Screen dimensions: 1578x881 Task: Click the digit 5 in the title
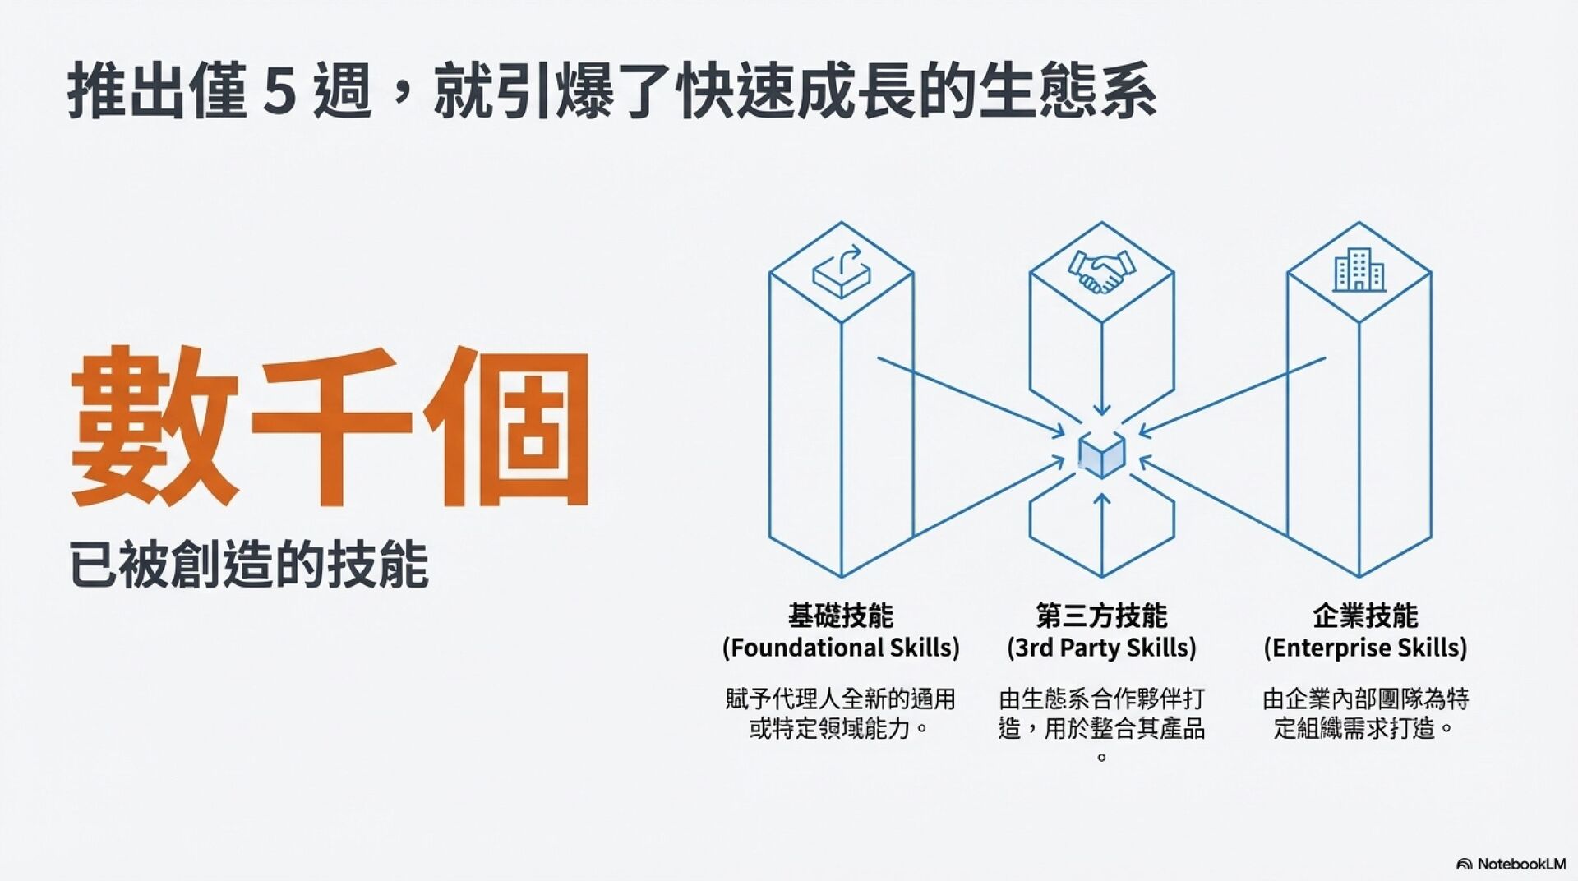tap(279, 92)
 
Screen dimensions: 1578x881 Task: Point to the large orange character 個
tap(507, 426)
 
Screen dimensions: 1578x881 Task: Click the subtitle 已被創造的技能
tap(248, 565)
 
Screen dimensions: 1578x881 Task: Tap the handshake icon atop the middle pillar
tap(1101, 270)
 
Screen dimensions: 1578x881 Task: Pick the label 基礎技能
tap(841, 615)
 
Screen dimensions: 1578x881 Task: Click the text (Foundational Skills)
tap(841, 648)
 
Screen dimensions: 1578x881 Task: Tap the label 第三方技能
tap(1101, 615)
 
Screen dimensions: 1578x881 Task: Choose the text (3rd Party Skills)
tap(1101, 648)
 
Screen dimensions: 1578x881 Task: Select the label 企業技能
tap(1365, 615)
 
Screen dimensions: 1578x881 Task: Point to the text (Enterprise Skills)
tap(1365, 648)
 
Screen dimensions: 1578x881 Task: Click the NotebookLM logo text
tap(1520, 864)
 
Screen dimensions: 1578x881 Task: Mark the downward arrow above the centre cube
tap(1102, 386)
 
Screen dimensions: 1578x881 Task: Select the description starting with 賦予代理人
tap(840, 713)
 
